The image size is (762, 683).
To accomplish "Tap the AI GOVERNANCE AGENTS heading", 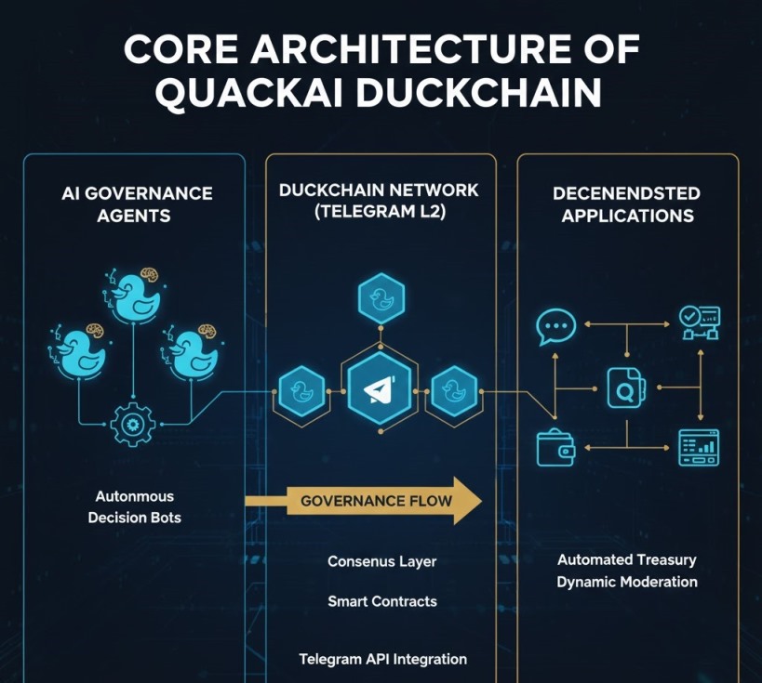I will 137,204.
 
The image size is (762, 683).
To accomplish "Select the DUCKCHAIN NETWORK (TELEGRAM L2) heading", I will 379,201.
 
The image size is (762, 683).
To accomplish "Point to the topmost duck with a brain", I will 129,296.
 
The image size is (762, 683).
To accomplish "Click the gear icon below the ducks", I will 132,425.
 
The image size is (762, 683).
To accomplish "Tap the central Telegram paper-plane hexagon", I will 379,390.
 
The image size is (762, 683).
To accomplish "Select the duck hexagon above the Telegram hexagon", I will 380,298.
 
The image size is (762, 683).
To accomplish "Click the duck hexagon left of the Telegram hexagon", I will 302,389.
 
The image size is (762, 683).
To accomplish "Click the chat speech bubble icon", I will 556,327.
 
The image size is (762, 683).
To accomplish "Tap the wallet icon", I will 555,448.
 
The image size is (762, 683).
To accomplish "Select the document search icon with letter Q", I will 625,388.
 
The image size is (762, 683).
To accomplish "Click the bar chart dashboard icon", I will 699,447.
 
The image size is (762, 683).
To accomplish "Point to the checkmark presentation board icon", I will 699,322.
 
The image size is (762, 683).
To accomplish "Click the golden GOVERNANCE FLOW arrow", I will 376,502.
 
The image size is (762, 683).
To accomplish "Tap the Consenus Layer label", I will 381,561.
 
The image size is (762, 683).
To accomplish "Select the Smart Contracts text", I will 381,601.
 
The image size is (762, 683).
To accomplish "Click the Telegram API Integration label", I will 382,659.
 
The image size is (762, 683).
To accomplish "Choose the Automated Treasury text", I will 626,560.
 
